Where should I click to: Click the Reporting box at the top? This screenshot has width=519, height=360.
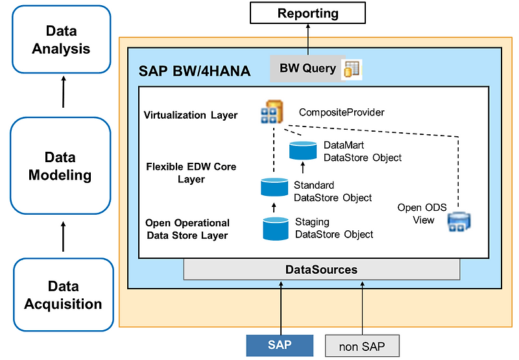click(x=308, y=13)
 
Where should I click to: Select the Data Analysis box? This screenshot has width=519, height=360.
click(x=62, y=40)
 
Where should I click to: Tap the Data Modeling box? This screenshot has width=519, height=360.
click(x=60, y=166)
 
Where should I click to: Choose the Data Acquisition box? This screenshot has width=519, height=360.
click(x=63, y=295)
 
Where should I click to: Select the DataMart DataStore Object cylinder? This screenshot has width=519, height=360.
click(x=303, y=150)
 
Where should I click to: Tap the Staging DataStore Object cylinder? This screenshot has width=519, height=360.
click(x=276, y=228)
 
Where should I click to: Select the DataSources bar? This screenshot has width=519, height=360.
click(x=322, y=269)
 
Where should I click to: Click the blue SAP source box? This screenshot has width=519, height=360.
click(x=280, y=345)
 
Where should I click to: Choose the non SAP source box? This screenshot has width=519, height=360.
click(x=362, y=346)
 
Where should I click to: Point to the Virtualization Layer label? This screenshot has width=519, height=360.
click(x=191, y=115)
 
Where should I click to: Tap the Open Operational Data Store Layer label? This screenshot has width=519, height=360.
click(x=187, y=229)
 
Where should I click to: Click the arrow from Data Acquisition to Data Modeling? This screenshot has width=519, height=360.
click(x=63, y=237)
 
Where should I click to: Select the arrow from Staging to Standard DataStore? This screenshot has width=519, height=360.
click(x=273, y=208)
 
